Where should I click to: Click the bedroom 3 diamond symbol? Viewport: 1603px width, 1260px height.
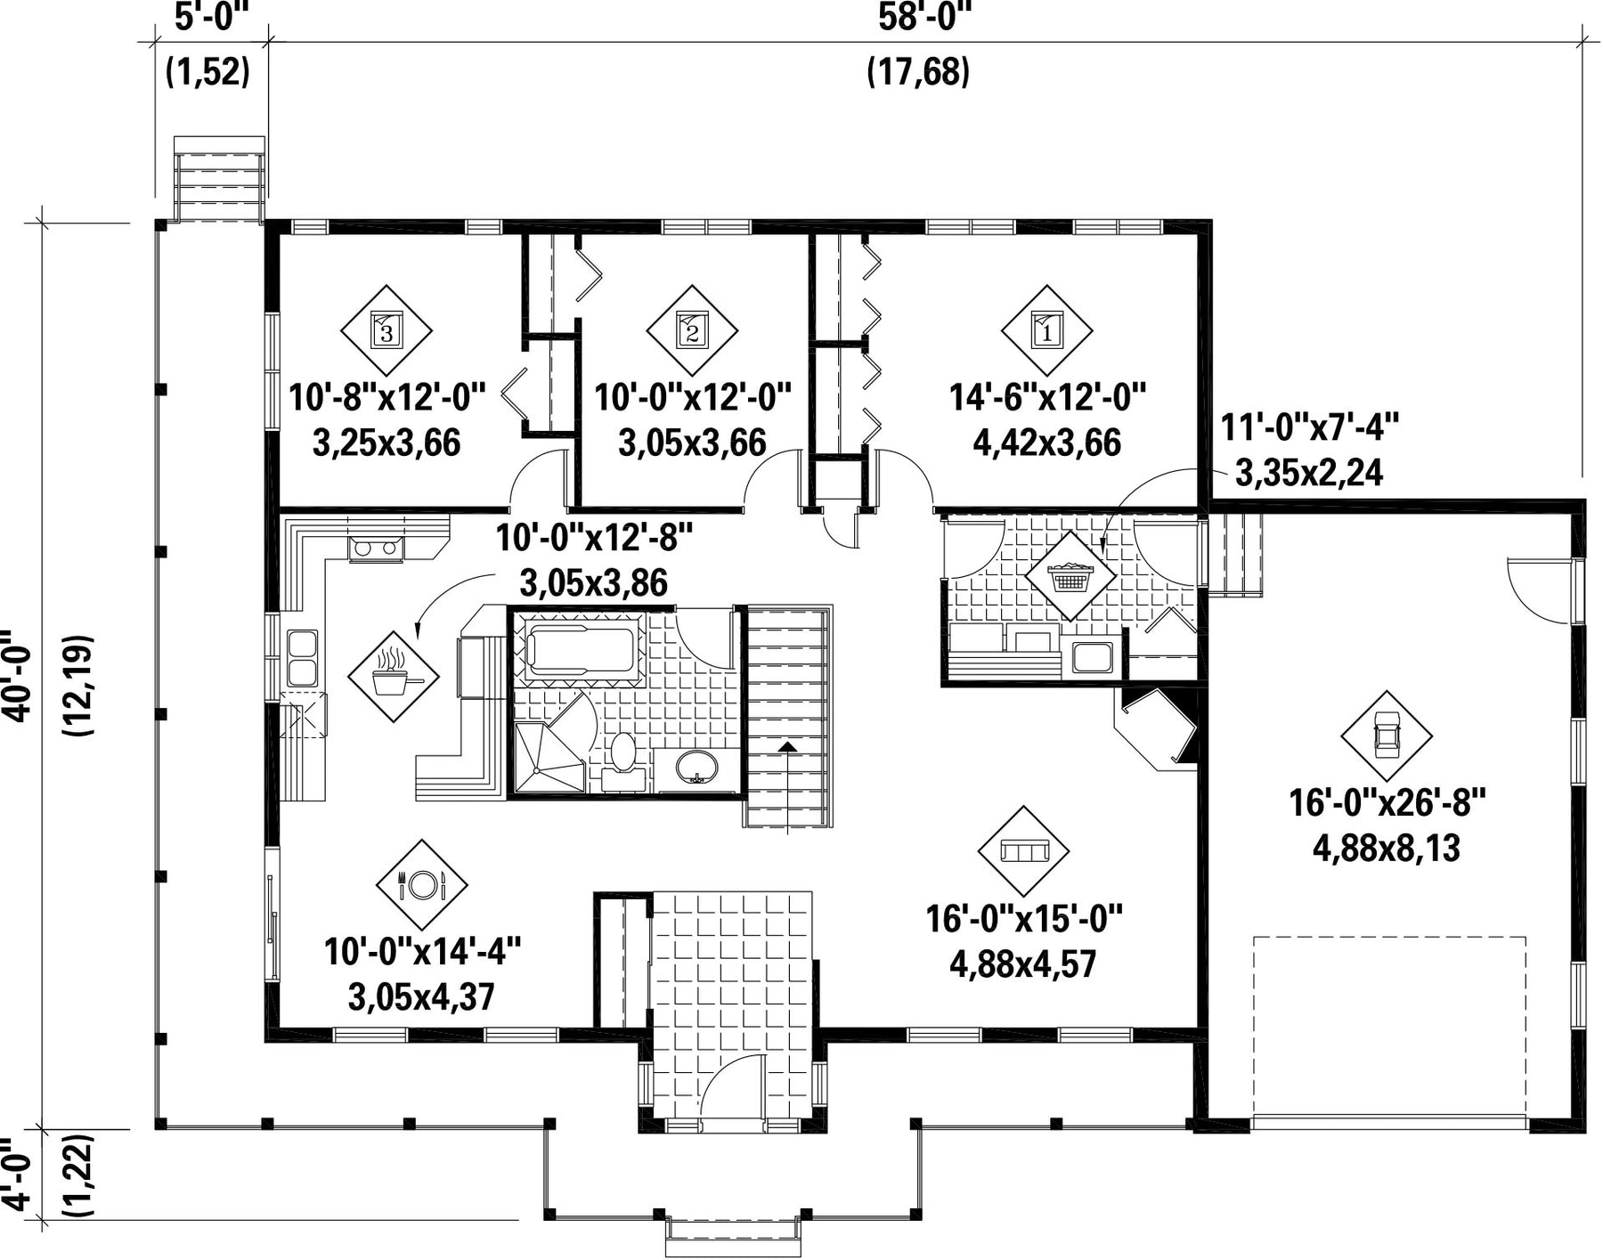point(387,331)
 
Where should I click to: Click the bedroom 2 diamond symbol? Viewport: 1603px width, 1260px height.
point(692,331)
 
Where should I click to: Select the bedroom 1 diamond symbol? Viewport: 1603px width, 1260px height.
point(1046,331)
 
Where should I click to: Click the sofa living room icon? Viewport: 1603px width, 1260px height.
point(1023,851)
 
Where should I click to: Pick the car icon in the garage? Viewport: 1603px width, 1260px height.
point(1387,736)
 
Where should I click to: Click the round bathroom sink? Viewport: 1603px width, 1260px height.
point(696,768)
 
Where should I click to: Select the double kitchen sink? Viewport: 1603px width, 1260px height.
point(302,658)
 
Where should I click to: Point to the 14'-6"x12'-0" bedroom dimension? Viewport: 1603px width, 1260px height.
point(1046,396)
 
